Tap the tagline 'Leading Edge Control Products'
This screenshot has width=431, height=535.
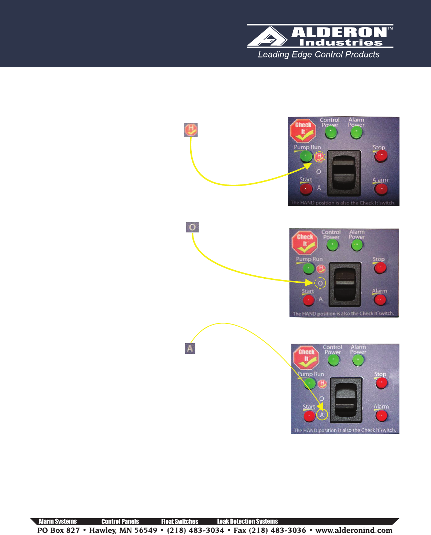pos(318,55)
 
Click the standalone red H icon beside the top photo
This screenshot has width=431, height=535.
pos(191,130)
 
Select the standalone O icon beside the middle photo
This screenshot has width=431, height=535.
pos(192,227)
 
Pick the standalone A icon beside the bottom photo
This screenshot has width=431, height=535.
pos(190,348)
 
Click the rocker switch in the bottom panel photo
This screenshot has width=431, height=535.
pos(346,400)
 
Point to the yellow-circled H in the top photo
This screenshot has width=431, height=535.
pos(320,157)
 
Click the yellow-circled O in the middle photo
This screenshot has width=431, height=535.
pos(320,283)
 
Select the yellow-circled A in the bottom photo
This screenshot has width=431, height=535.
pos(322,415)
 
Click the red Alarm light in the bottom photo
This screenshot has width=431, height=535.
pos(382,416)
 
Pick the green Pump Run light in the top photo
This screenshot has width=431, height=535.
pos(306,157)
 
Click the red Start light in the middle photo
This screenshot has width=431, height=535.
pos(309,300)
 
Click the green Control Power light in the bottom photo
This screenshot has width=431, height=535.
pos(334,360)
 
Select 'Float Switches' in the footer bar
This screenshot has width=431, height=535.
pos(180,521)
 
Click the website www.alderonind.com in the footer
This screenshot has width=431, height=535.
pos(354,530)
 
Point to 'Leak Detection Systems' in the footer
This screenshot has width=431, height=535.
pos(247,521)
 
